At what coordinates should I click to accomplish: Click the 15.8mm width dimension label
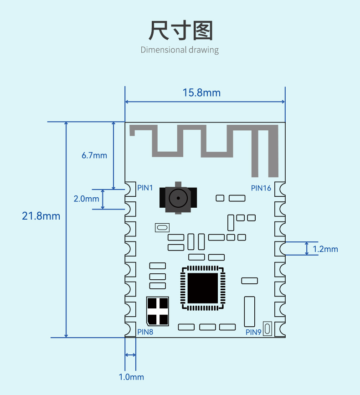pos(201,92)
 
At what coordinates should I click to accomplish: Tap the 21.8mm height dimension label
pos(41,216)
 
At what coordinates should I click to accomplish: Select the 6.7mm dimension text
pos(94,155)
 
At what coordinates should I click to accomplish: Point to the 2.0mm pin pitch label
pos(86,199)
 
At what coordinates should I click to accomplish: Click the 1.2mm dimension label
pos(325,249)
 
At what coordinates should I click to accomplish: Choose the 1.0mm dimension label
pos(131,377)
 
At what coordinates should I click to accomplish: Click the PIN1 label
pos(145,188)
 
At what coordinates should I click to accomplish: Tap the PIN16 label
pos(261,188)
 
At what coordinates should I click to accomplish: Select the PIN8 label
pos(145,332)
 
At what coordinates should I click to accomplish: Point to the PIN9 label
pos(253,332)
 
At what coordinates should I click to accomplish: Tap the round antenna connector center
pos(178,198)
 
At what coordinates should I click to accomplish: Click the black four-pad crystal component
pos(158,311)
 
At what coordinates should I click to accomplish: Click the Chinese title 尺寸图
pos(180,31)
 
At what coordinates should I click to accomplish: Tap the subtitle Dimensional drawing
pos(180,50)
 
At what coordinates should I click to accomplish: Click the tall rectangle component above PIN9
pos(249,312)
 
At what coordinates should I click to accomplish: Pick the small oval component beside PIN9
pos(267,329)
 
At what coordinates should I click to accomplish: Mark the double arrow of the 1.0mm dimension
pos(130,355)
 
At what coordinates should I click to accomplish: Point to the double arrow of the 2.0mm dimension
pos(103,199)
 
